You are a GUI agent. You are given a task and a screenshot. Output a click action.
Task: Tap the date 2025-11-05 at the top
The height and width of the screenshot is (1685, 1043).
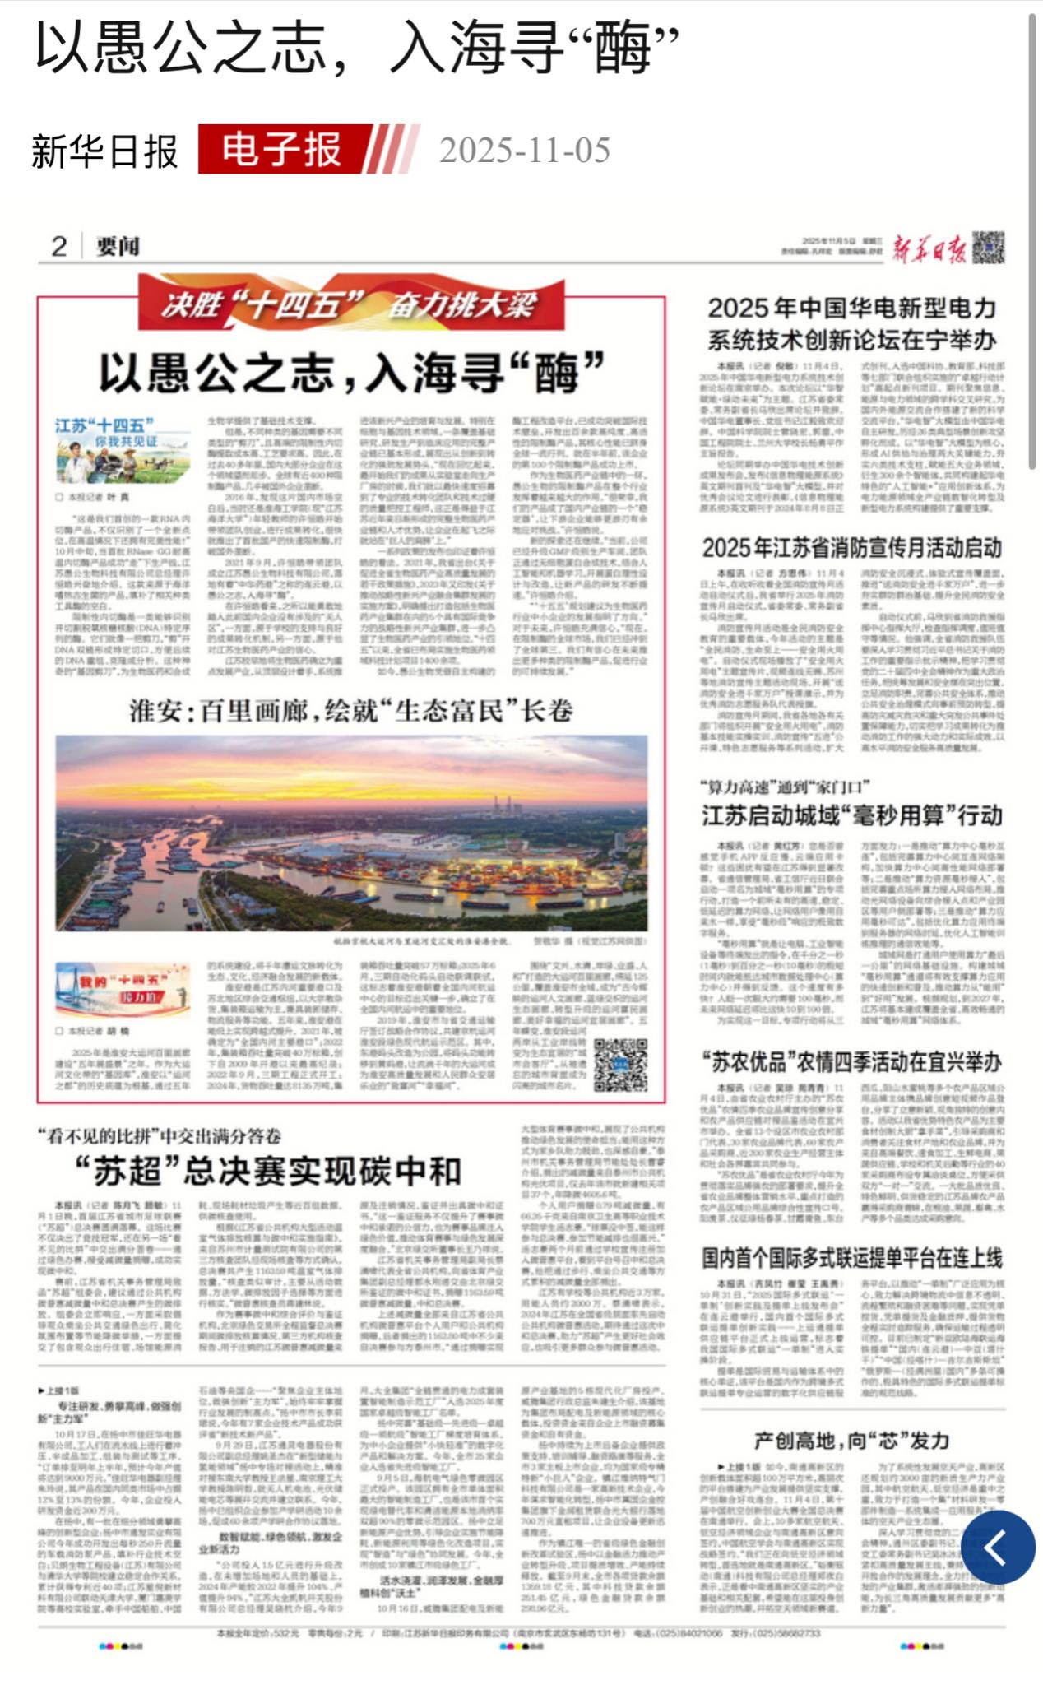point(524,151)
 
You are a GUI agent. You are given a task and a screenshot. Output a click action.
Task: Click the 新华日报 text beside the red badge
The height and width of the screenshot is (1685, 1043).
point(104,151)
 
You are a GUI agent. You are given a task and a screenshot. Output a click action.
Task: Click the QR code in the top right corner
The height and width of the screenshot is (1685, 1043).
point(988,248)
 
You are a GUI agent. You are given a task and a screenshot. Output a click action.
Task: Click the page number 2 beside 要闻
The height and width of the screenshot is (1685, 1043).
point(59,246)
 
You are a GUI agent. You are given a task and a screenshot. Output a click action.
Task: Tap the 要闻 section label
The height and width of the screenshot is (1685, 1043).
point(118,246)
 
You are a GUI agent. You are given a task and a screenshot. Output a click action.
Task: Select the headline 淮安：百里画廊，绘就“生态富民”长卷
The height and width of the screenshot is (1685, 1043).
point(350,710)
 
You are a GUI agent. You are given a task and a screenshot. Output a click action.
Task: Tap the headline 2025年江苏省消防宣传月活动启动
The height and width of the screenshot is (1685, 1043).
point(851,548)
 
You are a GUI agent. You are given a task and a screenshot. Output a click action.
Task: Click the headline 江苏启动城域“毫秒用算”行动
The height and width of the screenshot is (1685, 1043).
point(851,815)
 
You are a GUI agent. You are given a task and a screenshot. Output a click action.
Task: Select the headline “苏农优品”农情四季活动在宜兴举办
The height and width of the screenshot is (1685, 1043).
point(851,1062)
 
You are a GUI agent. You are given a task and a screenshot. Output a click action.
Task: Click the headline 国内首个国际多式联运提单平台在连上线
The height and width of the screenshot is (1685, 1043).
point(851,1258)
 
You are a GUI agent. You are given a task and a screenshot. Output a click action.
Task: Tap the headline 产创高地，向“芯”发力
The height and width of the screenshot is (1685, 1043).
point(851,1441)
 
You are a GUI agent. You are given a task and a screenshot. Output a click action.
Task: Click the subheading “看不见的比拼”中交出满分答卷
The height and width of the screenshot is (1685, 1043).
point(160,1136)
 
